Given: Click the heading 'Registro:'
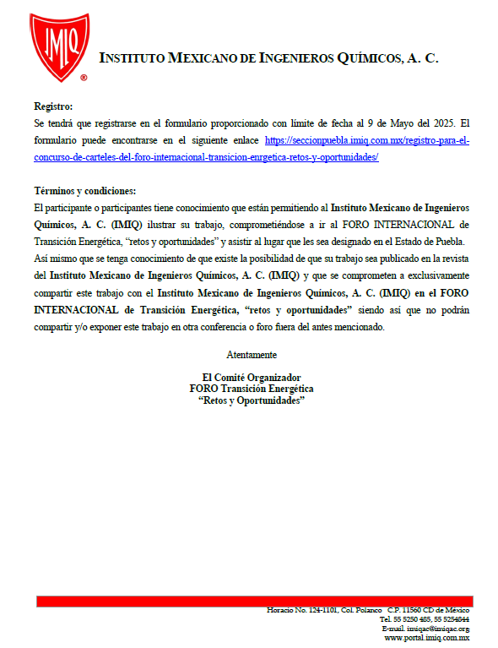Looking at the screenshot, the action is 53,106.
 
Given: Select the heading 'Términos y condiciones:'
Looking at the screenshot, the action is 84,191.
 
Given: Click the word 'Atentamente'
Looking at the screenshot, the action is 252,354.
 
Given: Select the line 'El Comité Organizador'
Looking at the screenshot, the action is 252,377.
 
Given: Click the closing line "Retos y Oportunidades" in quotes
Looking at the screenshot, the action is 252,400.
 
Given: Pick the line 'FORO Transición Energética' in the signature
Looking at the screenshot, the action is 252,389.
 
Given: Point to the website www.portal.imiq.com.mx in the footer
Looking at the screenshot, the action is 426,638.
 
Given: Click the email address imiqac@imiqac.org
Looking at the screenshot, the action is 425,629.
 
